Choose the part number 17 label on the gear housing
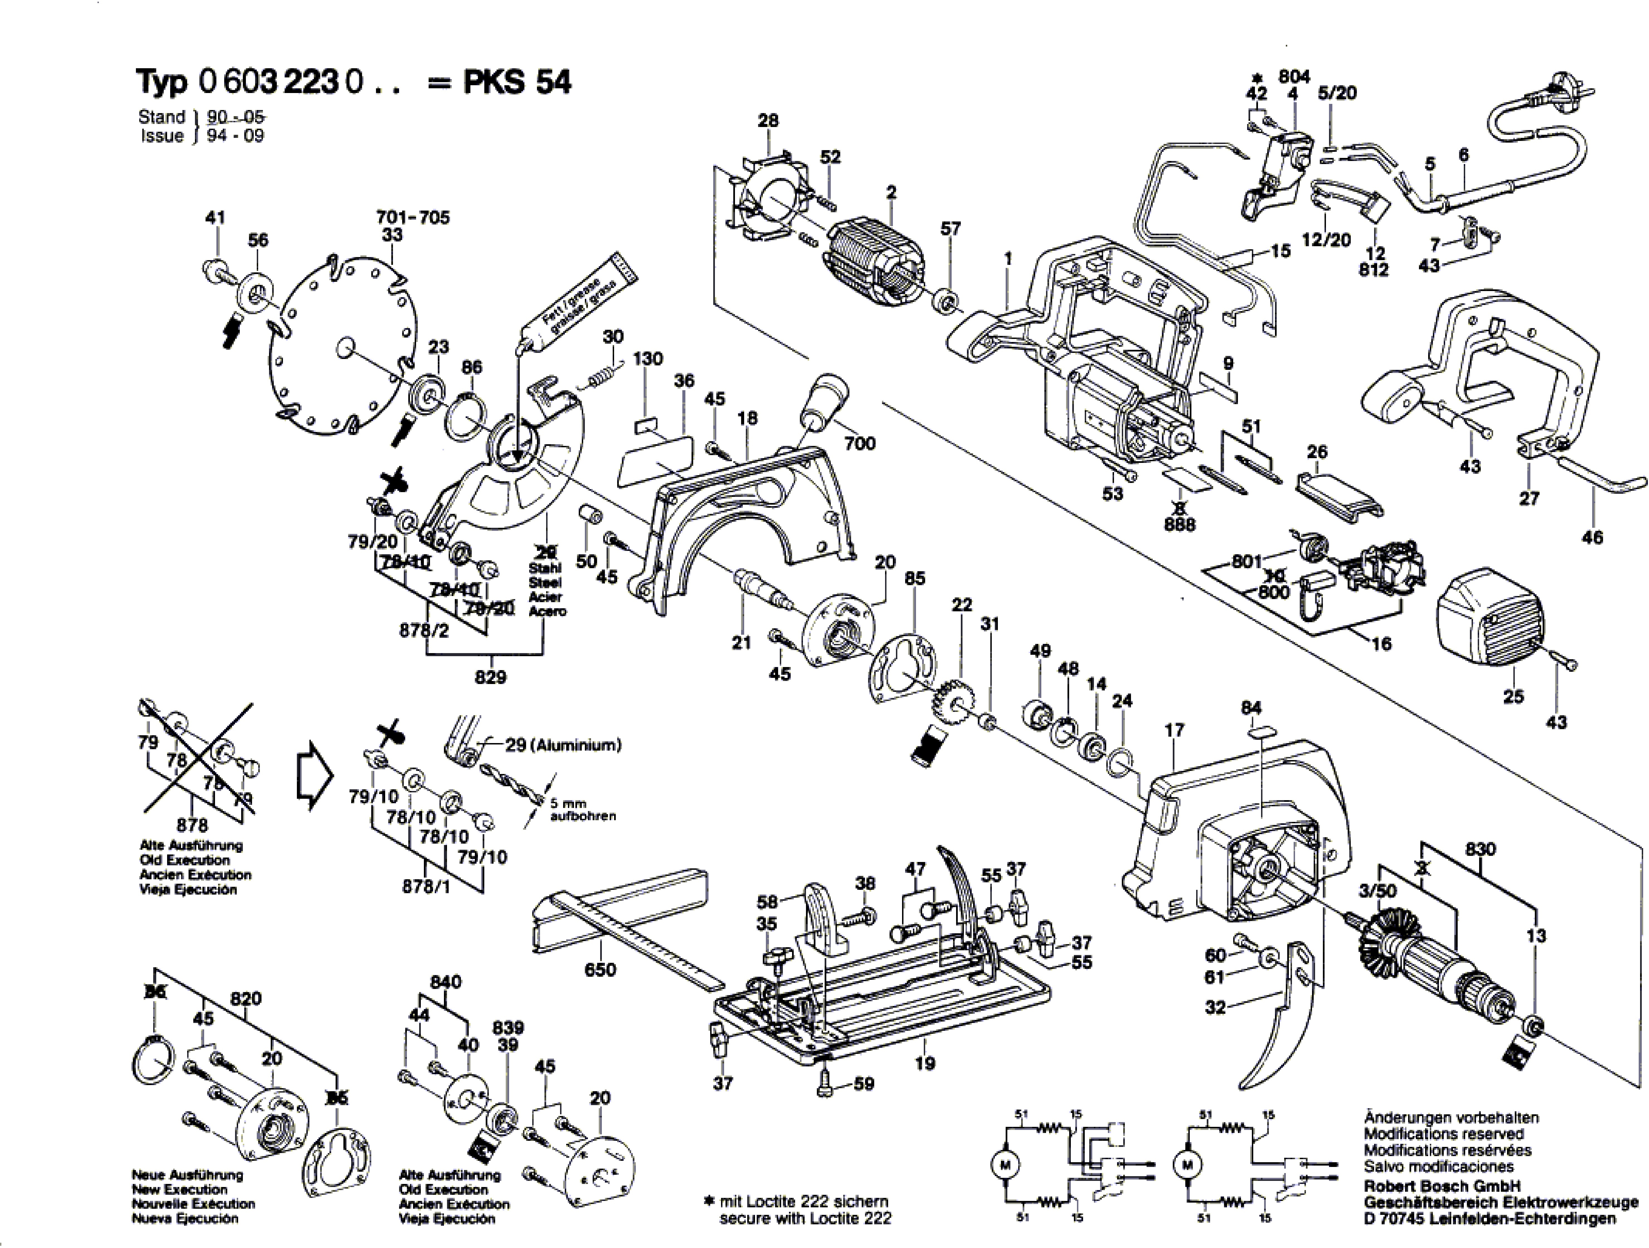point(1174,731)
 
